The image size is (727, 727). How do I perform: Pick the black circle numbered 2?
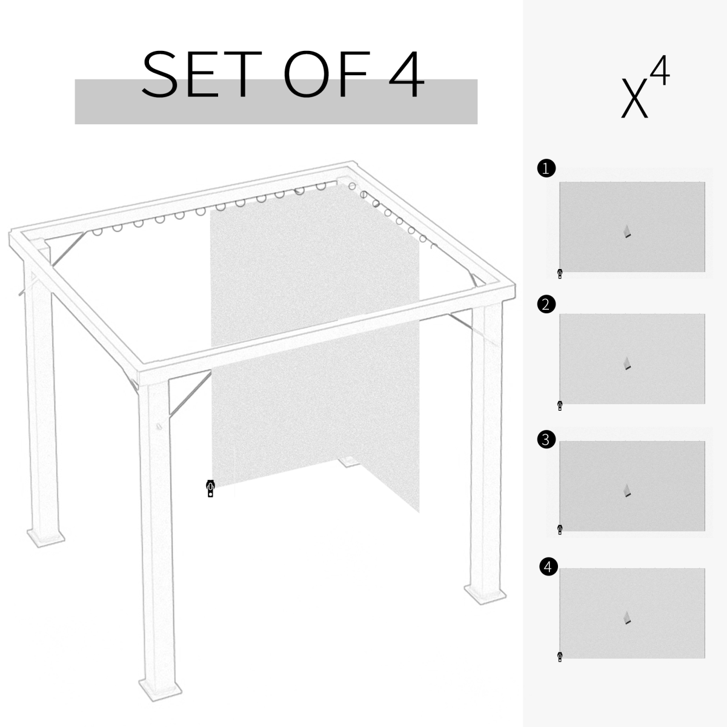546,304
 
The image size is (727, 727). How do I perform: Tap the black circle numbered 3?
546,439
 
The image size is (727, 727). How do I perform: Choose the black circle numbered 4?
548,567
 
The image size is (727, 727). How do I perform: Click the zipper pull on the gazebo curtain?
210,488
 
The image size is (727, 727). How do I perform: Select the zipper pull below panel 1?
560,274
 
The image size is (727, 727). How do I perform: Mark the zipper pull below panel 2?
560,406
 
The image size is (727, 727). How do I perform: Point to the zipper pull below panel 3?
560,530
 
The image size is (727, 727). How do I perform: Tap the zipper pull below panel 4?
560,657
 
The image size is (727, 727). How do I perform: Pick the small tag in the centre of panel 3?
628,491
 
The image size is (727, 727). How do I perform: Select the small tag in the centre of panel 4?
628,618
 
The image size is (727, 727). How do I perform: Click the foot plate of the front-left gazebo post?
159,687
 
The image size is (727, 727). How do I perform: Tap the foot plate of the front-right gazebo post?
485,593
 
